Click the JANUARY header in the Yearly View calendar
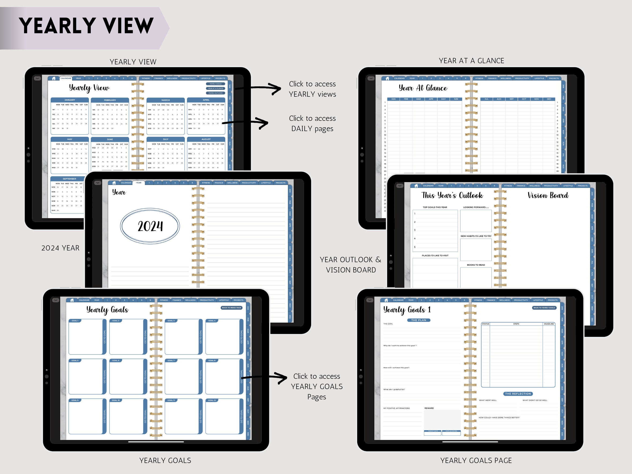70,100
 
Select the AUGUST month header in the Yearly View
206,139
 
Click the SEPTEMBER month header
70,179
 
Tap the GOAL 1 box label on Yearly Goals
75,321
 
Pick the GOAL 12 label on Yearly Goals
212,400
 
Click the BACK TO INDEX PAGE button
231,308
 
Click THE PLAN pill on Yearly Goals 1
419,320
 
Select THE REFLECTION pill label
518,394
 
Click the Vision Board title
548,195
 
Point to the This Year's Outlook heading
452,195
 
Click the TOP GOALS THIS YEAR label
435,207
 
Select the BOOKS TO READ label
476,265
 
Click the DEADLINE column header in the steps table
549,324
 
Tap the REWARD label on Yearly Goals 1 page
429,408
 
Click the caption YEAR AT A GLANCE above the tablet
471,61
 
